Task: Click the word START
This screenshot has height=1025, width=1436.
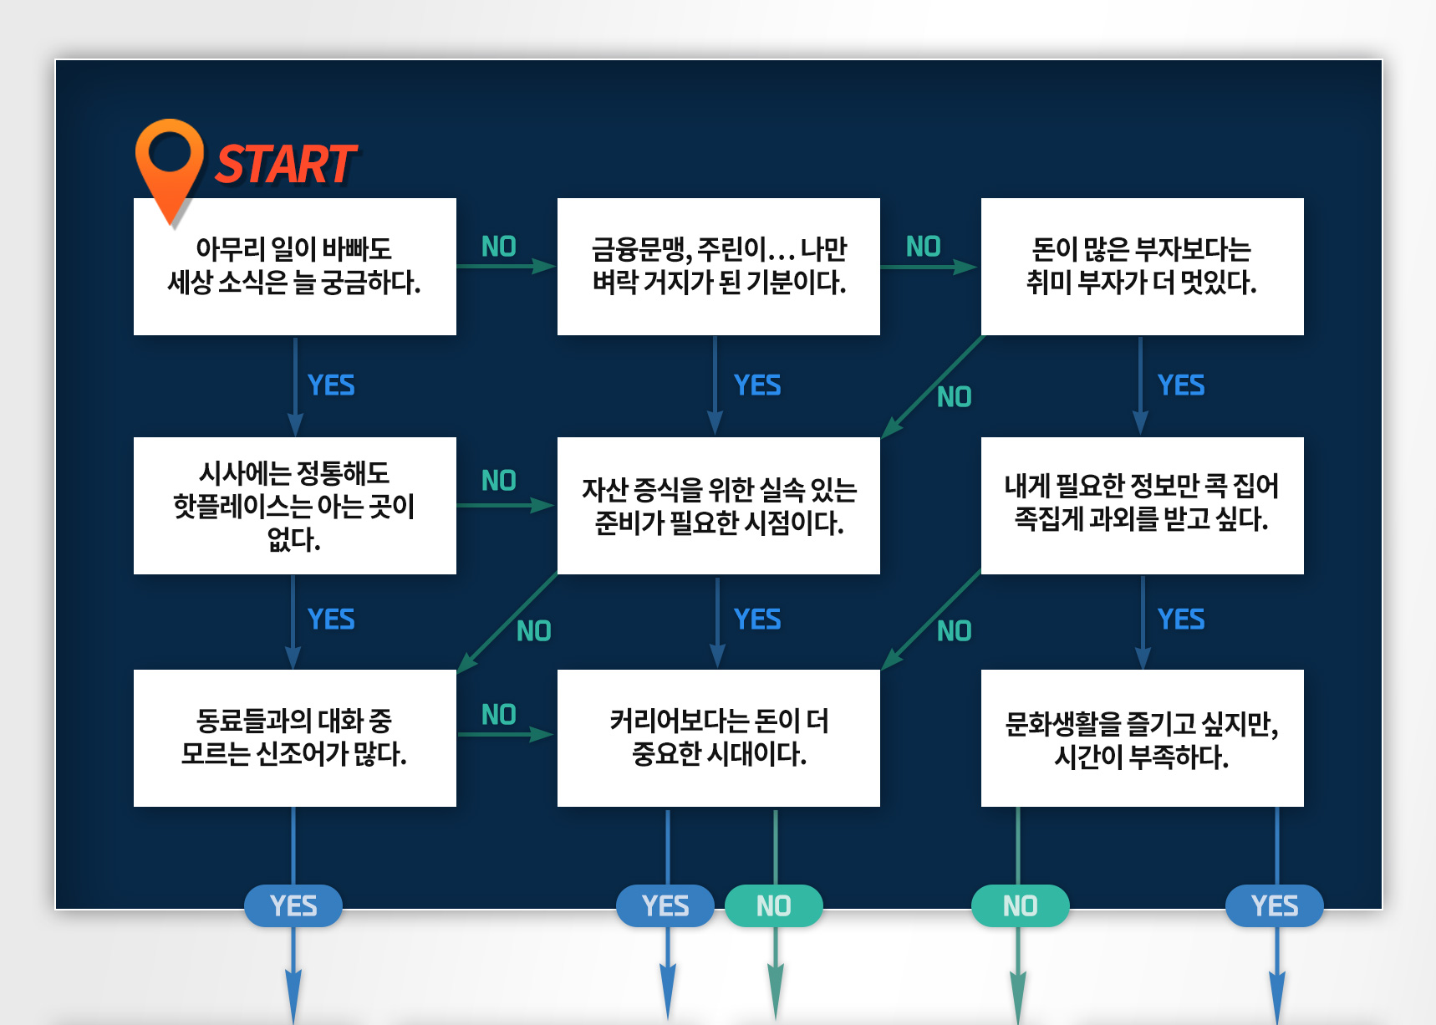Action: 286,164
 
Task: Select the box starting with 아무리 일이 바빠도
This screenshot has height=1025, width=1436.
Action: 295,267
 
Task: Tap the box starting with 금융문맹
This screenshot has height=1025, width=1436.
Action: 718,267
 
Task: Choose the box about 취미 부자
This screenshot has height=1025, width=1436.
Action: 1142,267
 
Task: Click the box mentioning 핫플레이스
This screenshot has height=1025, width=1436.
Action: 295,506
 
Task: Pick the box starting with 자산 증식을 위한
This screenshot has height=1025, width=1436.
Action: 718,506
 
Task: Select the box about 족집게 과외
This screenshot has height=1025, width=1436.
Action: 1142,506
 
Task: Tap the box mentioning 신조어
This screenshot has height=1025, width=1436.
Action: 295,738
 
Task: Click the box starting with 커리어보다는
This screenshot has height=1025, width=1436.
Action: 718,738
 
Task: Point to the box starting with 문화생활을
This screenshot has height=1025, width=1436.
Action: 1142,738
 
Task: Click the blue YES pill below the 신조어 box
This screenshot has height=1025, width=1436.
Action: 293,906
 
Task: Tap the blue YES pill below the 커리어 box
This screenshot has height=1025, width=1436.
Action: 665,906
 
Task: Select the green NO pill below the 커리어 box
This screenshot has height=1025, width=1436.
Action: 774,906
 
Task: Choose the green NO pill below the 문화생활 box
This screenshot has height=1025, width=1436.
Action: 1020,906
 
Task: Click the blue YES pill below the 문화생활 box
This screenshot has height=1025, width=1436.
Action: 1275,906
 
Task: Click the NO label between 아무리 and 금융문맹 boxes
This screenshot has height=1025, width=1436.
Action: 499,247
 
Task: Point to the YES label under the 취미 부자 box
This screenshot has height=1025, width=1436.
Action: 1181,385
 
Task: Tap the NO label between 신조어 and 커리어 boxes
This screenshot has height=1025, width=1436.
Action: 499,715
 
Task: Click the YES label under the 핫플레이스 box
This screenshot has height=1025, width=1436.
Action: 331,620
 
